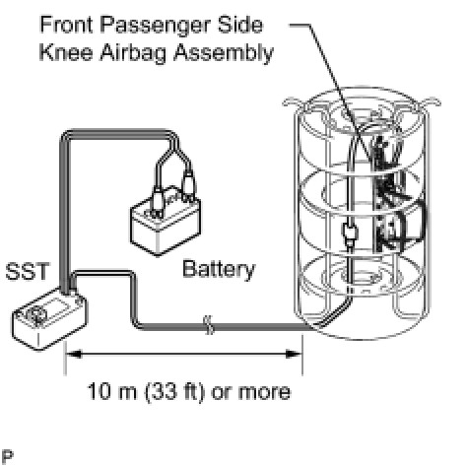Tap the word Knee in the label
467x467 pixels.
click(x=66, y=52)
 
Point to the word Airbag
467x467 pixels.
click(x=133, y=54)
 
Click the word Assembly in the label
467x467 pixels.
click(x=224, y=54)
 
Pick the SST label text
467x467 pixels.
click(x=28, y=271)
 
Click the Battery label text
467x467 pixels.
click(x=219, y=269)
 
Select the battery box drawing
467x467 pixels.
click(x=166, y=224)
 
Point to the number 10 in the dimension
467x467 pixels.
click(x=99, y=391)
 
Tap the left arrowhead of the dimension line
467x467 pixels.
click(x=74, y=354)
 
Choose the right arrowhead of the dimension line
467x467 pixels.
click(x=294, y=354)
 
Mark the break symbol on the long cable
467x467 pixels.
click(x=209, y=325)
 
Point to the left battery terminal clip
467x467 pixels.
click(x=158, y=200)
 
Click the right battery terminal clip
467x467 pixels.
click(x=187, y=184)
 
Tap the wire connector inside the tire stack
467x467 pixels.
click(x=350, y=234)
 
